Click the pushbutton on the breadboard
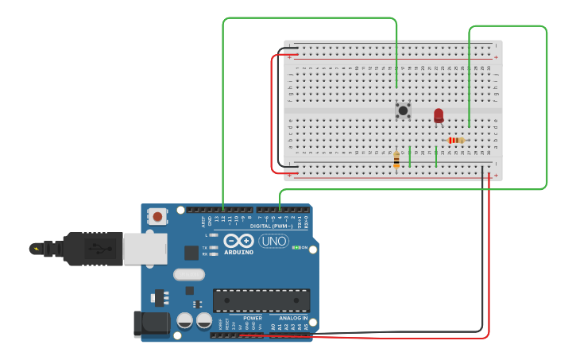[403, 110]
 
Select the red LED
[439, 116]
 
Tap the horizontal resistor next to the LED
[455, 141]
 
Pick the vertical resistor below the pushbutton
[396, 160]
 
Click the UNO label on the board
[274, 241]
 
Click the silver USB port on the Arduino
[145, 249]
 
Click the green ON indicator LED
[296, 247]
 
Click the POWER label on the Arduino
[253, 318]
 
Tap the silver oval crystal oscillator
[188, 275]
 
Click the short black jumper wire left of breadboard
[291, 49]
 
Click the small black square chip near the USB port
[191, 253]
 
